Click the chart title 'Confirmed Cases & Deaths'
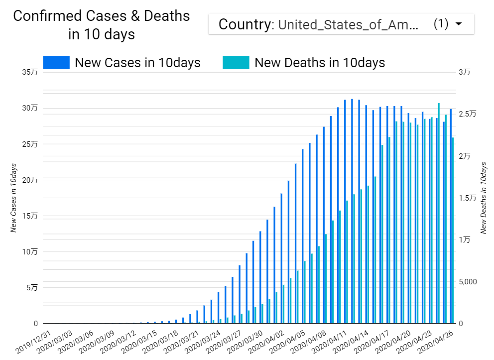[102, 16]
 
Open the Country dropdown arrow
[459, 24]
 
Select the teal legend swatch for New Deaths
[236, 63]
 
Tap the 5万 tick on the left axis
[31, 287]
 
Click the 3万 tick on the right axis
[464, 72]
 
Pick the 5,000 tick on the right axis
[468, 282]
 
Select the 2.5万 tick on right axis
[467, 114]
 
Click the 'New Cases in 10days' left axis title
[14, 198]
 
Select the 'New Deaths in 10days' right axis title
[483, 198]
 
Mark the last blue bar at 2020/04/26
[451, 217]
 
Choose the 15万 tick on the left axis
[30, 216]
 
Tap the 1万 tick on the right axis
[464, 240]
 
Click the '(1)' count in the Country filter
[441, 24]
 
